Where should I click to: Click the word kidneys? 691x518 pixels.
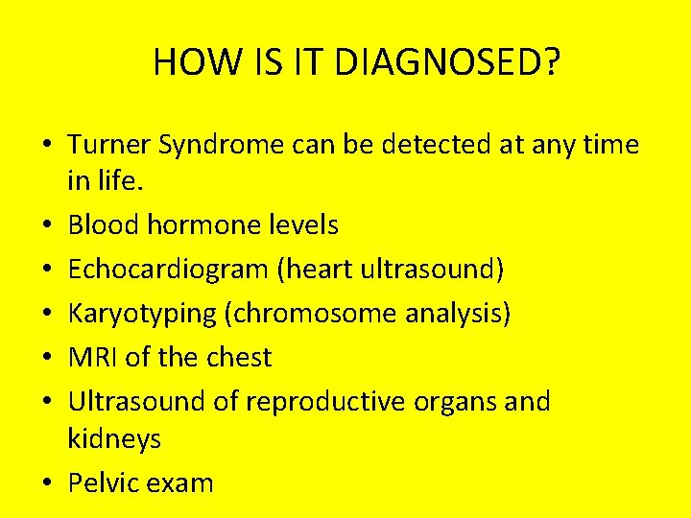(114, 440)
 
